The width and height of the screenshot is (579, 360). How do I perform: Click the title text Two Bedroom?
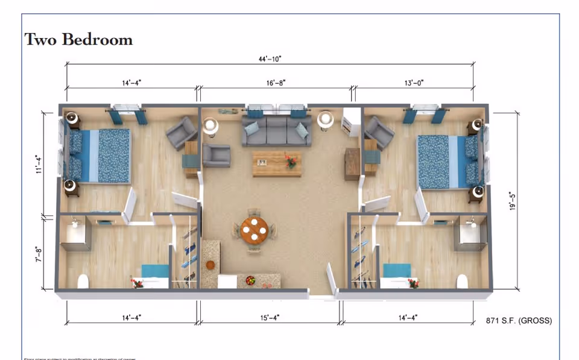[78, 40]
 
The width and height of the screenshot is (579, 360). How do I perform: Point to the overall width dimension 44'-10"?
[270, 58]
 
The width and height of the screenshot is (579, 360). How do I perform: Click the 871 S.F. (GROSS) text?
[519, 321]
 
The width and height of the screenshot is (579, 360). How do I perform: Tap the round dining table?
[254, 229]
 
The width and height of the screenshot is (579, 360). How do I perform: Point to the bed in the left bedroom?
[100, 156]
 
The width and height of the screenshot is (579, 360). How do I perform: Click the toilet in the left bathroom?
[83, 282]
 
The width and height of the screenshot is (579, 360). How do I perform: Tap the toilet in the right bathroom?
[463, 282]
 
